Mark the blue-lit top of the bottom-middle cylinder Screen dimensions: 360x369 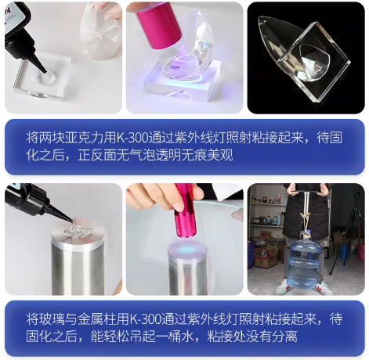point(187,249)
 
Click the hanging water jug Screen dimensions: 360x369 point(302,258)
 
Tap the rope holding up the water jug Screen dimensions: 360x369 point(302,216)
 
